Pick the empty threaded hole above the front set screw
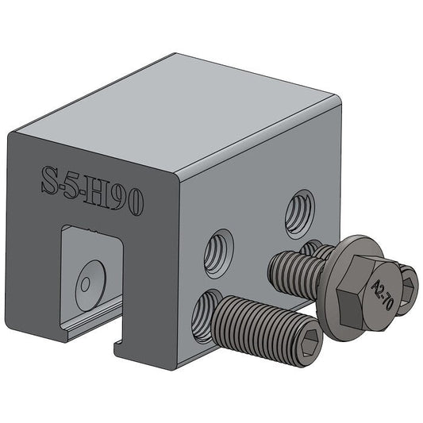pos(219,252)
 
